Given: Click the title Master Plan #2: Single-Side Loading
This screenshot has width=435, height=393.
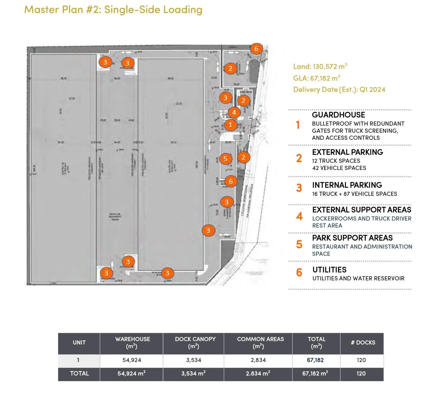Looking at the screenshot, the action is point(113,9).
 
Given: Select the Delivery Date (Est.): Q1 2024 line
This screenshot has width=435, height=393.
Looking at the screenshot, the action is point(339,89).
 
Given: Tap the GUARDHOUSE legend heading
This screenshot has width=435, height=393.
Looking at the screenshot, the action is point(338,115).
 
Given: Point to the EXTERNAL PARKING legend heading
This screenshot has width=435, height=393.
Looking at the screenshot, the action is point(347,152).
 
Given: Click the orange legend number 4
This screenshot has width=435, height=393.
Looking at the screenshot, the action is point(299,216).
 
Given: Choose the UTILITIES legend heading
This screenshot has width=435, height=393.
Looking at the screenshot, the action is point(329,270).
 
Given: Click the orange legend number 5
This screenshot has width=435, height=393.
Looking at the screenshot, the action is point(299,244).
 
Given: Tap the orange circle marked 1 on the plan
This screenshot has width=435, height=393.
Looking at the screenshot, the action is point(230,124).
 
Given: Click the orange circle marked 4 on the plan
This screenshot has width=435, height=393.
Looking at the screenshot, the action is point(234,113).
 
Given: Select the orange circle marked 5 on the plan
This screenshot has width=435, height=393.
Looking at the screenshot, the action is point(225,159).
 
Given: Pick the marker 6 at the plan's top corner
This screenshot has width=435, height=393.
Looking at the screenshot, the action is point(256,49).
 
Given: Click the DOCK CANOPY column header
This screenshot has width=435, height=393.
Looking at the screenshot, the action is point(195,343).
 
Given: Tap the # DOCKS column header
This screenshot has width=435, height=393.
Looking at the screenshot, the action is point(363,343).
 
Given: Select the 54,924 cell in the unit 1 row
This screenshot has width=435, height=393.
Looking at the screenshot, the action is point(132,360).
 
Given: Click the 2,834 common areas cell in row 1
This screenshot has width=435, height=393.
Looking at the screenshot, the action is point(258,360).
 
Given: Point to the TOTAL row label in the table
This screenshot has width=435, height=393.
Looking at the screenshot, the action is point(79,373).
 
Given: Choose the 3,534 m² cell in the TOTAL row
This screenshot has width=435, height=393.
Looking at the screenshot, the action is point(193,373).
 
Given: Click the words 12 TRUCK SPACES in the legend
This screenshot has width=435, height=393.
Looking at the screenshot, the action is point(336,161).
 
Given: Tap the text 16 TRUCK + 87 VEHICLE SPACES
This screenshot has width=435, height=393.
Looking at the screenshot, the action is point(355,194).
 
